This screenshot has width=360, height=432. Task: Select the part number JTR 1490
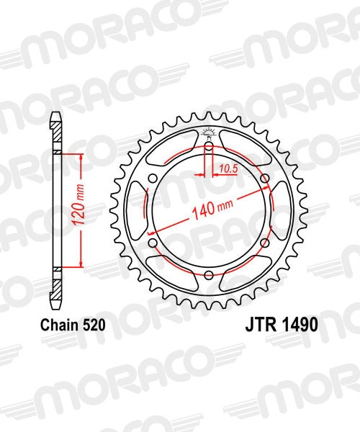click(276, 325)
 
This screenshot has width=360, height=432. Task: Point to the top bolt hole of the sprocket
click(208, 147)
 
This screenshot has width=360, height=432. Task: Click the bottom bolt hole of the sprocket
click(208, 275)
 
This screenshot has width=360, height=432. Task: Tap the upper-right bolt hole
click(264, 179)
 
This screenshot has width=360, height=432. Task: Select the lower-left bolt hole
click(153, 243)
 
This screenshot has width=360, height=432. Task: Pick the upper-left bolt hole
click(153, 179)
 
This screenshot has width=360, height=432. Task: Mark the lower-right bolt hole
click(264, 243)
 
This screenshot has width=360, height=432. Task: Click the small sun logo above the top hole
click(208, 131)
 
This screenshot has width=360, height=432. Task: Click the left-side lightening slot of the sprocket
click(136, 211)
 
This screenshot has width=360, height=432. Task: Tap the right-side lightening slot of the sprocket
click(281, 211)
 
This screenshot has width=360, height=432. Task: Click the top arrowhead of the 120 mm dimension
click(81, 158)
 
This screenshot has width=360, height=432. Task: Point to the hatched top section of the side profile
click(57, 133)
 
